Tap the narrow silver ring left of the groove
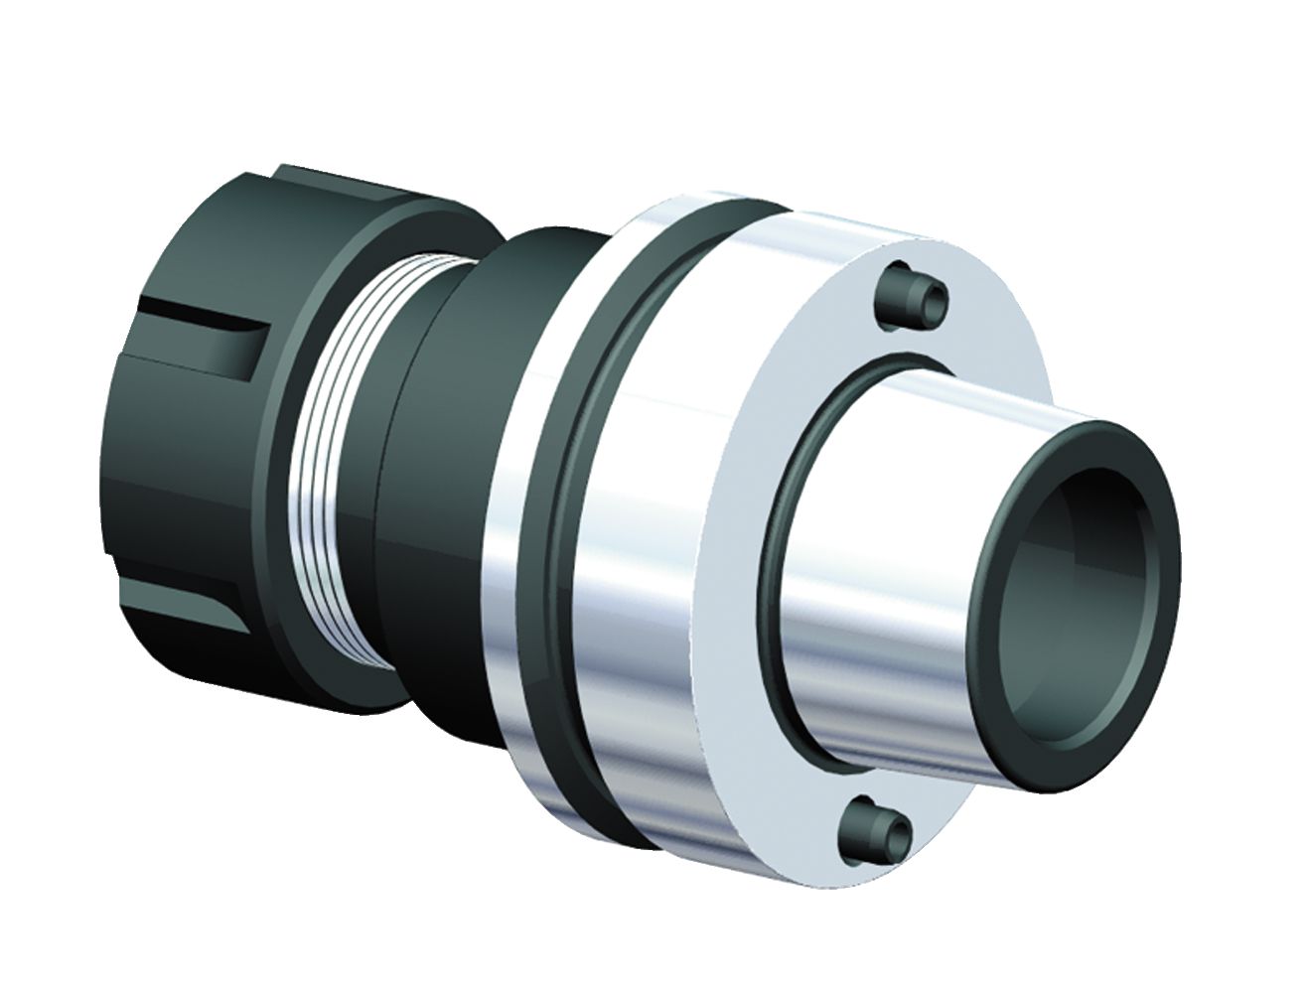516,596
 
